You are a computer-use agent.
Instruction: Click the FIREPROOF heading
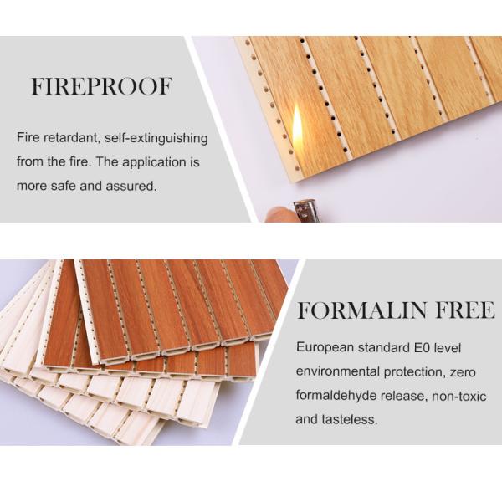pos(102,86)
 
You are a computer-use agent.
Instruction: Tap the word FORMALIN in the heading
pos(361,310)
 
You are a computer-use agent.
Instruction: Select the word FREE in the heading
pos(465,310)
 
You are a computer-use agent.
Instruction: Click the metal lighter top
pos(305,210)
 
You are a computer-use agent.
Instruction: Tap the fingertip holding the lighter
pos(278,214)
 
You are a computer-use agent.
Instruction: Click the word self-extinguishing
pos(156,138)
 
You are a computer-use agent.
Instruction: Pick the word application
pos(154,162)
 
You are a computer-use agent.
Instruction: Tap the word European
pos(325,347)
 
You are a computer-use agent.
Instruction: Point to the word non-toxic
pos(459,397)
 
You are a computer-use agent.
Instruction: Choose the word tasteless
pos(350,419)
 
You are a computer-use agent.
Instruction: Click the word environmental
pos(338,371)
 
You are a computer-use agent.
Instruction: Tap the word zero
pos(463,372)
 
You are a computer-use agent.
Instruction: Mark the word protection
pos(415,372)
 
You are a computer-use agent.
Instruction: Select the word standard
pos(382,348)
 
